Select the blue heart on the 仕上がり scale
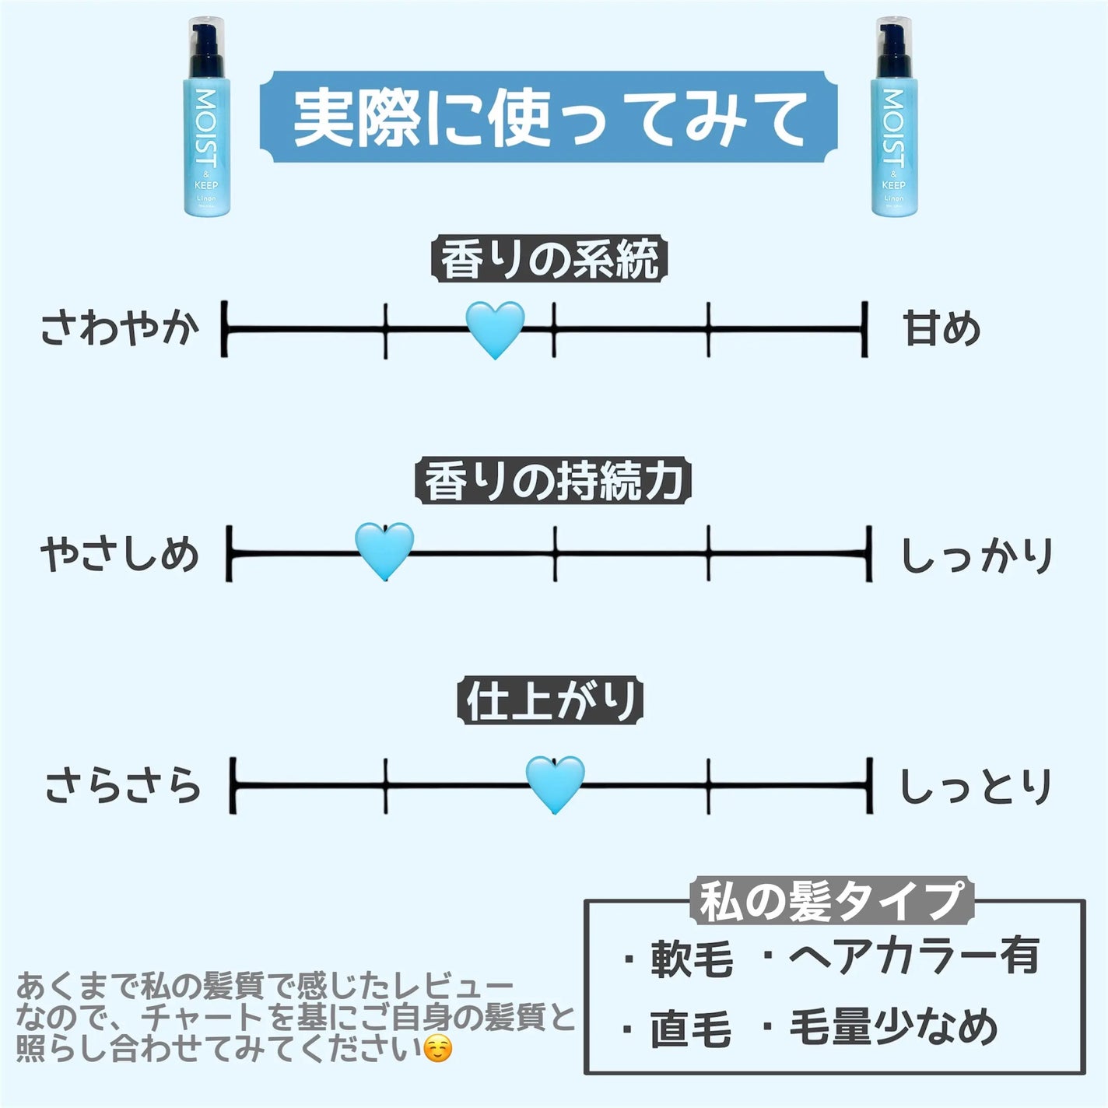click(x=555, y=784)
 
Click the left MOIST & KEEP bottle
click(x=206, y=117)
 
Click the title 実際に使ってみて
click(x=549, y=118)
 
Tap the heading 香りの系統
click(x=549, y=259)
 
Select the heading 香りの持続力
click(x=552, y=481)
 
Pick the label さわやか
click(x=119, y=328)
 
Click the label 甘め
click(x=941, y=328)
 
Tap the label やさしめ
click(x=120, y=555)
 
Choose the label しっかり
click(x=977, y=555)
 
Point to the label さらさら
click(x=123, y=786)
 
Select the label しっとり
click(x=976, y=786)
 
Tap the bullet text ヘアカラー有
click(x=913, y=955)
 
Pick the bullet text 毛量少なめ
click(x=893, y=1027)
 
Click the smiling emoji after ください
click(x=438, y=1050)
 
